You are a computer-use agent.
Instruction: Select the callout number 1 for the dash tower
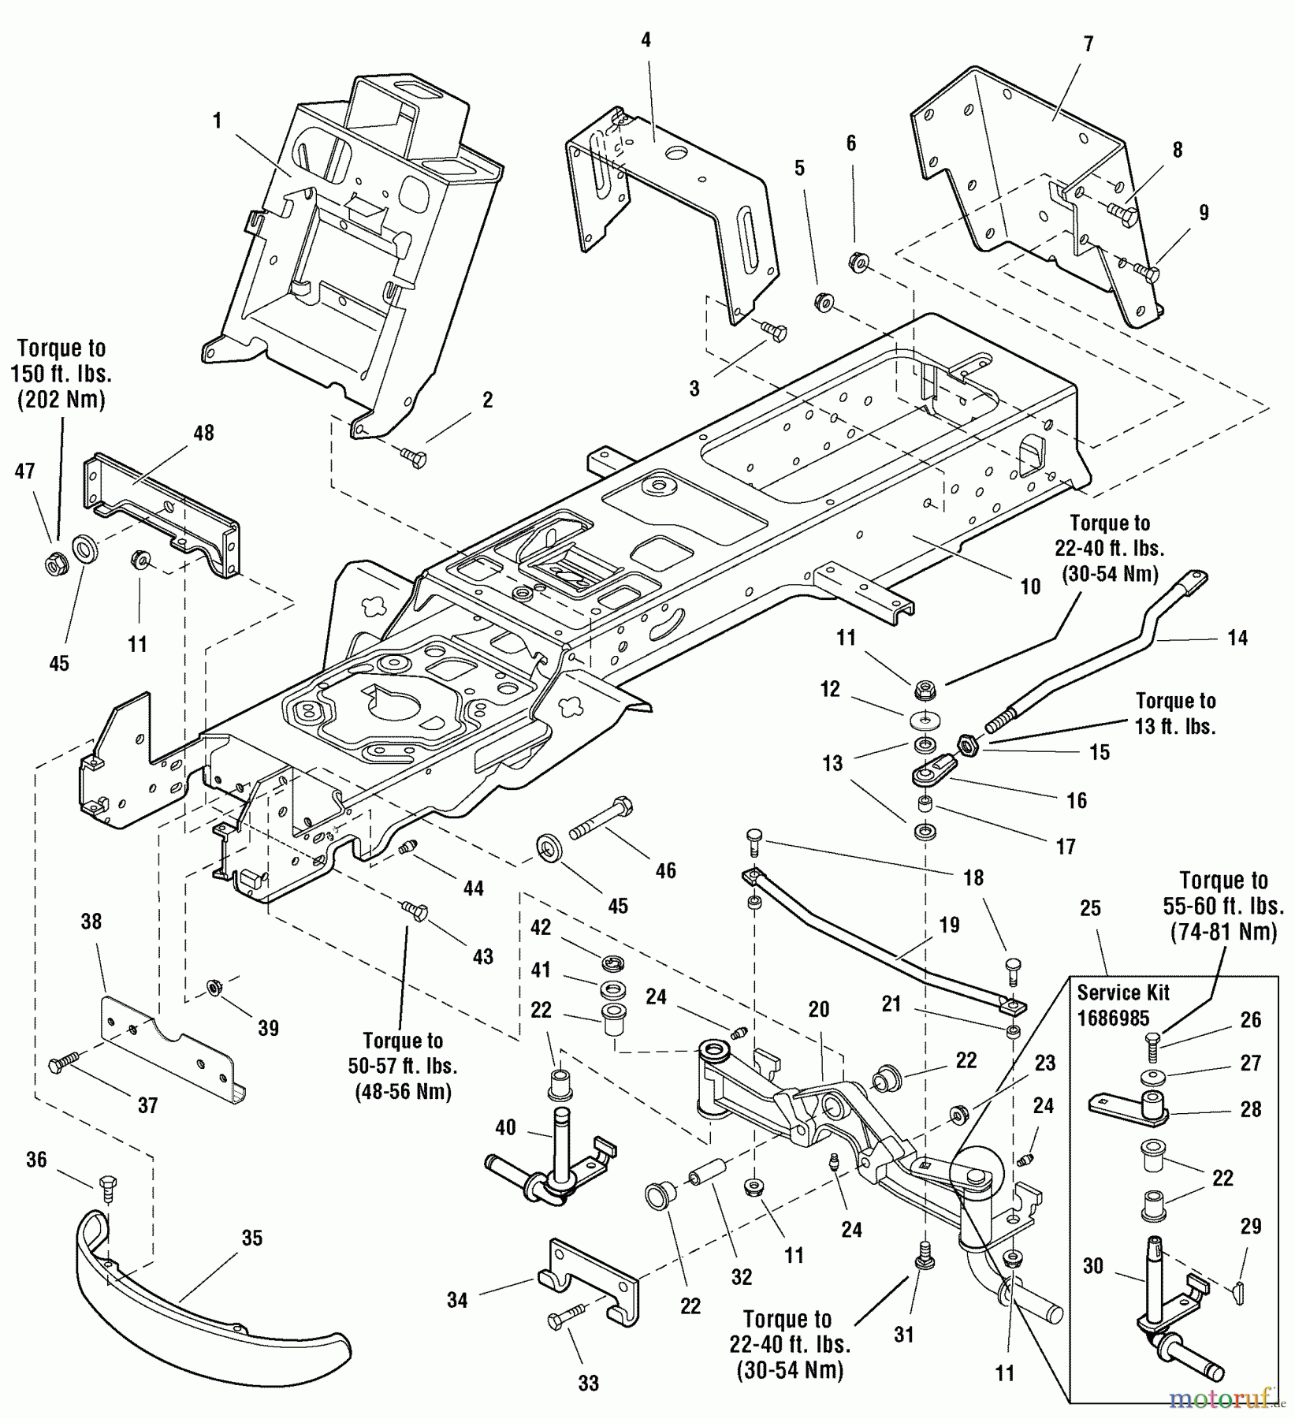coord(217,121)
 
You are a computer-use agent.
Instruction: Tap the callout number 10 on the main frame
coord(1030,587)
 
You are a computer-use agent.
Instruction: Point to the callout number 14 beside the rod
coord(1237,638)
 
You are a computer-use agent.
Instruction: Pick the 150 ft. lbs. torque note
coord(61,374)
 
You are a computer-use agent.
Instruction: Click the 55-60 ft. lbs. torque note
coord(1223,906)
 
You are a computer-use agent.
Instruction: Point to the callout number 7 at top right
coord(1088,44)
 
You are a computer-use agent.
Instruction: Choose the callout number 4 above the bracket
coord(646,39)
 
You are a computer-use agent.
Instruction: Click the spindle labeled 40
coord(552,1167)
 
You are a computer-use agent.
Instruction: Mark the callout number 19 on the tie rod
coord(950,925)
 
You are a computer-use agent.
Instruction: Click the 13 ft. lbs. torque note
coord(1175,713)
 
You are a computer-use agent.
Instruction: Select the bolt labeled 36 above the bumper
coord(108,1189)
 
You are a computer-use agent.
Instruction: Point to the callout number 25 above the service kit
coord(1090,908)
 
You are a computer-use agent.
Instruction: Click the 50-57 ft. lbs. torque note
coord(403,1066)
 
